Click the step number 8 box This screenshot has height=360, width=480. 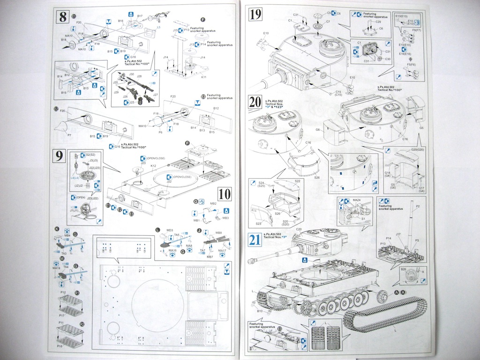[62, 16]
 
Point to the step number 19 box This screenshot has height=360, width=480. [256, 15]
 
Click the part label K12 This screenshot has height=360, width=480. [153, 166]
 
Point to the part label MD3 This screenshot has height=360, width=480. [170, 230]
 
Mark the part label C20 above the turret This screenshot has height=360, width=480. [299, 229]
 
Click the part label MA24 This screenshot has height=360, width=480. [357, 201]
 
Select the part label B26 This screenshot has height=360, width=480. [403, 269]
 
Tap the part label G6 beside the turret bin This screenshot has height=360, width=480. [318, 129]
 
